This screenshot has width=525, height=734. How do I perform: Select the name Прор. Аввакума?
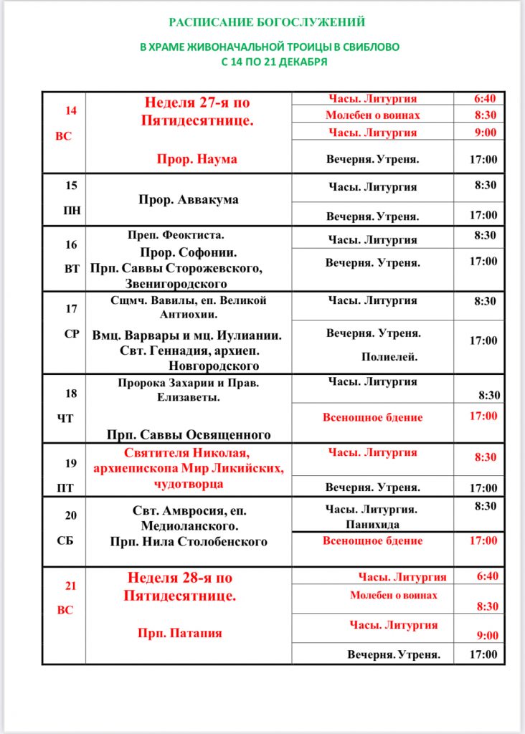[189, 199]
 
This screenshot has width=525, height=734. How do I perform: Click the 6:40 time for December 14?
[486, 99]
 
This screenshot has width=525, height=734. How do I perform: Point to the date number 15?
[71, 185]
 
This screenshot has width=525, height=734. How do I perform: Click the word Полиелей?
[389, 356]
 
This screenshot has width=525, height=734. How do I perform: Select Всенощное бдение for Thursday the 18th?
[373, 417]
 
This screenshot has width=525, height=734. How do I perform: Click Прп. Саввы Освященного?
[189, 434]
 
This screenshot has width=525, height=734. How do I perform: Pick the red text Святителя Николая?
[188, 454]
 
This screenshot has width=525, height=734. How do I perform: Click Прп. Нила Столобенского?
[189, 541]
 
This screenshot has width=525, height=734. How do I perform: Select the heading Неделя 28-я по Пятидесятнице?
[180, 586]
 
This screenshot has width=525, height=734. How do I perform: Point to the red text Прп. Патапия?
[180, 633]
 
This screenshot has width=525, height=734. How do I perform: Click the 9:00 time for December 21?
[487, 635]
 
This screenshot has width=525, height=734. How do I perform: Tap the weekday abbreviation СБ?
[65, 541]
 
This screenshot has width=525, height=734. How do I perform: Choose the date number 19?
[71, 463]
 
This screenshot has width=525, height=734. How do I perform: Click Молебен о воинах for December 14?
[373, 115]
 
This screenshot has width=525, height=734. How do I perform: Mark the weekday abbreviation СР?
[72, 333]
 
